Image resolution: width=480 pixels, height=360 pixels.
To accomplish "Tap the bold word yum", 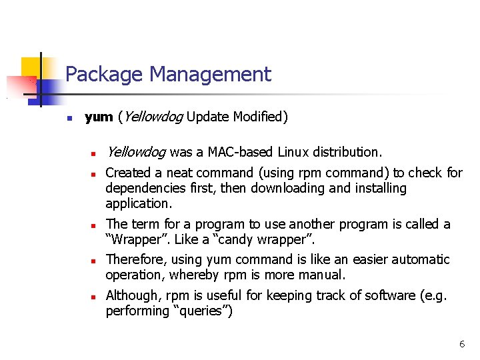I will coord(99,117).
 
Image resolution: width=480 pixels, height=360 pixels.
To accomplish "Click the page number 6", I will coord(461,344).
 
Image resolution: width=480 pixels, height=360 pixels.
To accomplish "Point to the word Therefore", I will coord(135,259).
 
